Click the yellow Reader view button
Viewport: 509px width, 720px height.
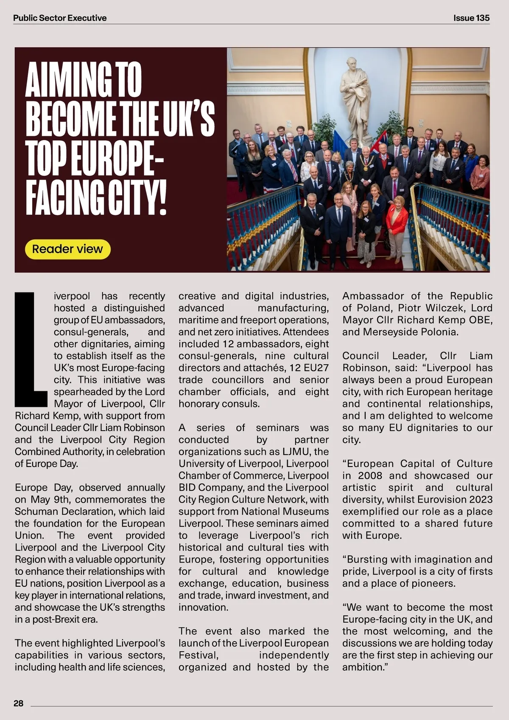67,249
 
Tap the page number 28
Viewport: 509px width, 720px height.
19,703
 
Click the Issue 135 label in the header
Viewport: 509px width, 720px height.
471,18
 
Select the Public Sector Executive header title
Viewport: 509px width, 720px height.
60,18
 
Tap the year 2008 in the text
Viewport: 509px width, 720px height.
369,475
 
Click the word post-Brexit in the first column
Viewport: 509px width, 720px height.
56,619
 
